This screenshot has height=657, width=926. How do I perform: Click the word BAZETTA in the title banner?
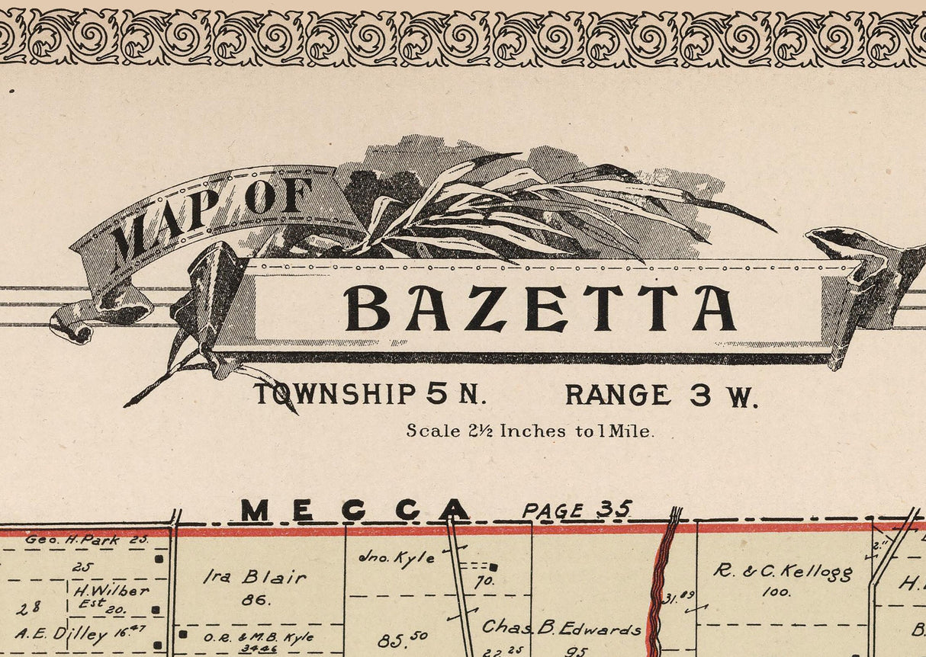coord(540,308)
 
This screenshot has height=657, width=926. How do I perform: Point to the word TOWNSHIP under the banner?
coord(335,395)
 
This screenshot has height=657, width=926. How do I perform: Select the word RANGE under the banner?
coord(618,395)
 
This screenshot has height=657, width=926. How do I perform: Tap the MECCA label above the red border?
coord(355,511)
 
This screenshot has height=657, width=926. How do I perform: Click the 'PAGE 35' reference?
coord(577,511)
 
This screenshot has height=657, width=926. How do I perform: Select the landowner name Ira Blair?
coord(254,578)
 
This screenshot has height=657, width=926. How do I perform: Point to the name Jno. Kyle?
coord(397,558)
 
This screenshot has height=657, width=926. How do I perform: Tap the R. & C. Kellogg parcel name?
coord(783,571)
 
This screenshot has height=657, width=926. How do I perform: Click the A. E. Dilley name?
coord(61,634)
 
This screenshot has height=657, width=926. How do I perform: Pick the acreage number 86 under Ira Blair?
coord(256,600)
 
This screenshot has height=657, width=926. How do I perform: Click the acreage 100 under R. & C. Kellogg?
coord(776,591)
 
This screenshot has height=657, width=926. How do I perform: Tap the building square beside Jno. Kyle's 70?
coord(494,567)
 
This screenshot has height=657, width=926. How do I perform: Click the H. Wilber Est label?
coord(112,596)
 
